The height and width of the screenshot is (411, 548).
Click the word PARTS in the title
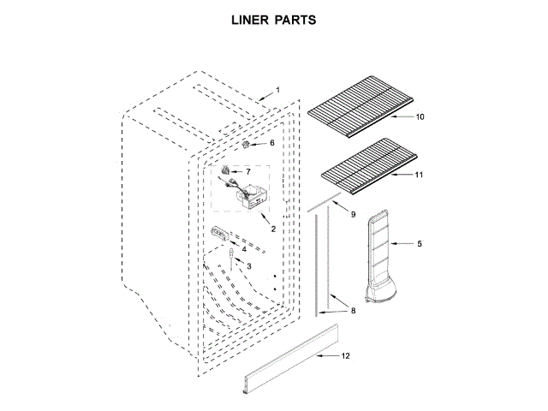[295, 19]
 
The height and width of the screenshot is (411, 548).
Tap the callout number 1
[277, 90]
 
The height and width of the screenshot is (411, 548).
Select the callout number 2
[272, 229]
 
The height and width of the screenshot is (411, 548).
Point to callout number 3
[249, 266]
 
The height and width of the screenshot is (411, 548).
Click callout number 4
[243, 249]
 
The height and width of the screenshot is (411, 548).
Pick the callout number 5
[420, 244]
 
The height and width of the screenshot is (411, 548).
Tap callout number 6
[272, 143]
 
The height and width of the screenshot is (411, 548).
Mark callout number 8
[353, 311]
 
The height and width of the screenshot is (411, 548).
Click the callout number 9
[353, 212]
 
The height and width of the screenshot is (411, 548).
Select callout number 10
[420, 116]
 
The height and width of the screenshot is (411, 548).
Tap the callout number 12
[346, 355]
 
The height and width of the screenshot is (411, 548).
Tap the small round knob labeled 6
[248, 145]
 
